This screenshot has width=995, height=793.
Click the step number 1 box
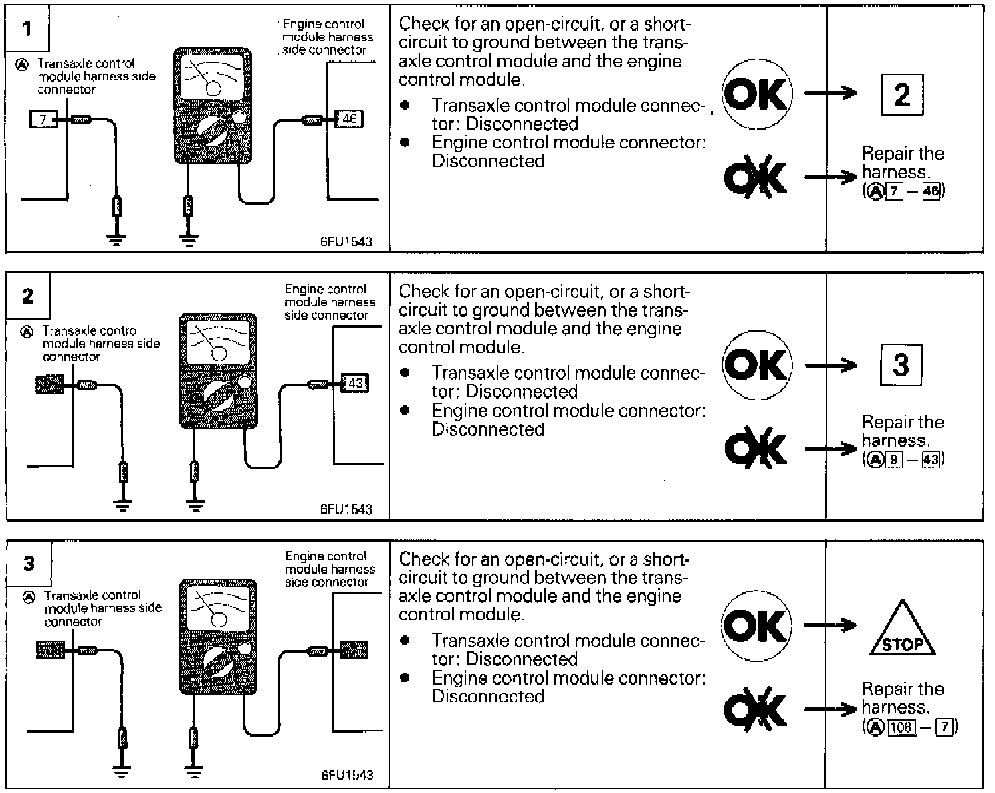tap(27, 29)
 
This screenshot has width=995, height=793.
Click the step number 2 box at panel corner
tap(27, 296)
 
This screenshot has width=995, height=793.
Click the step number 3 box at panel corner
tap(29, 564)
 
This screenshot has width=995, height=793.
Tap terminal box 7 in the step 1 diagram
tap(43, 120)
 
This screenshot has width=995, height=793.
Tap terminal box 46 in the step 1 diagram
tap(349, 120)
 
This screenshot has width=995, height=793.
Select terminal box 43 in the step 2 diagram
tap(355, 384)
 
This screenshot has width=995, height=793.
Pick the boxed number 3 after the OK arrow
tap(901, 365)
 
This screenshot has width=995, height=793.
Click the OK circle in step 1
tap(756, 94)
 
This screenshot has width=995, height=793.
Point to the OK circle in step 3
tap(756, 627)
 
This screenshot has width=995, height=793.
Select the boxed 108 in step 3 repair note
tap(903, 727)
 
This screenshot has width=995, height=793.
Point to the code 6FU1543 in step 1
tap(346, 241)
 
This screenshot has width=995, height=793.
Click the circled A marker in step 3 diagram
tap(29, 597)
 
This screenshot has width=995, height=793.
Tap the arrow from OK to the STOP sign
tap(830, 626)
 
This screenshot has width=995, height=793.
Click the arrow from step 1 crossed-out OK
tap(830, 177)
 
